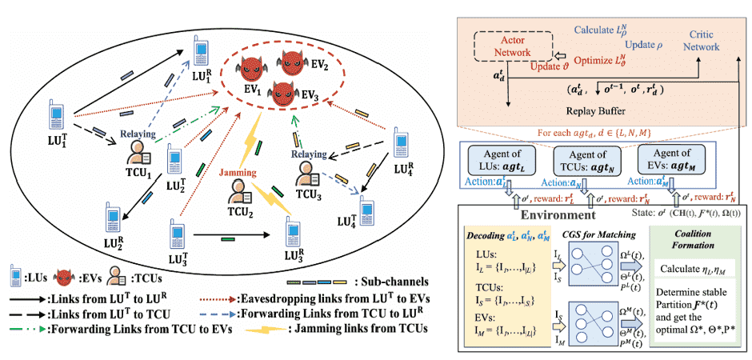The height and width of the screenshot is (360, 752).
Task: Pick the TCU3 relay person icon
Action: [306, 172]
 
